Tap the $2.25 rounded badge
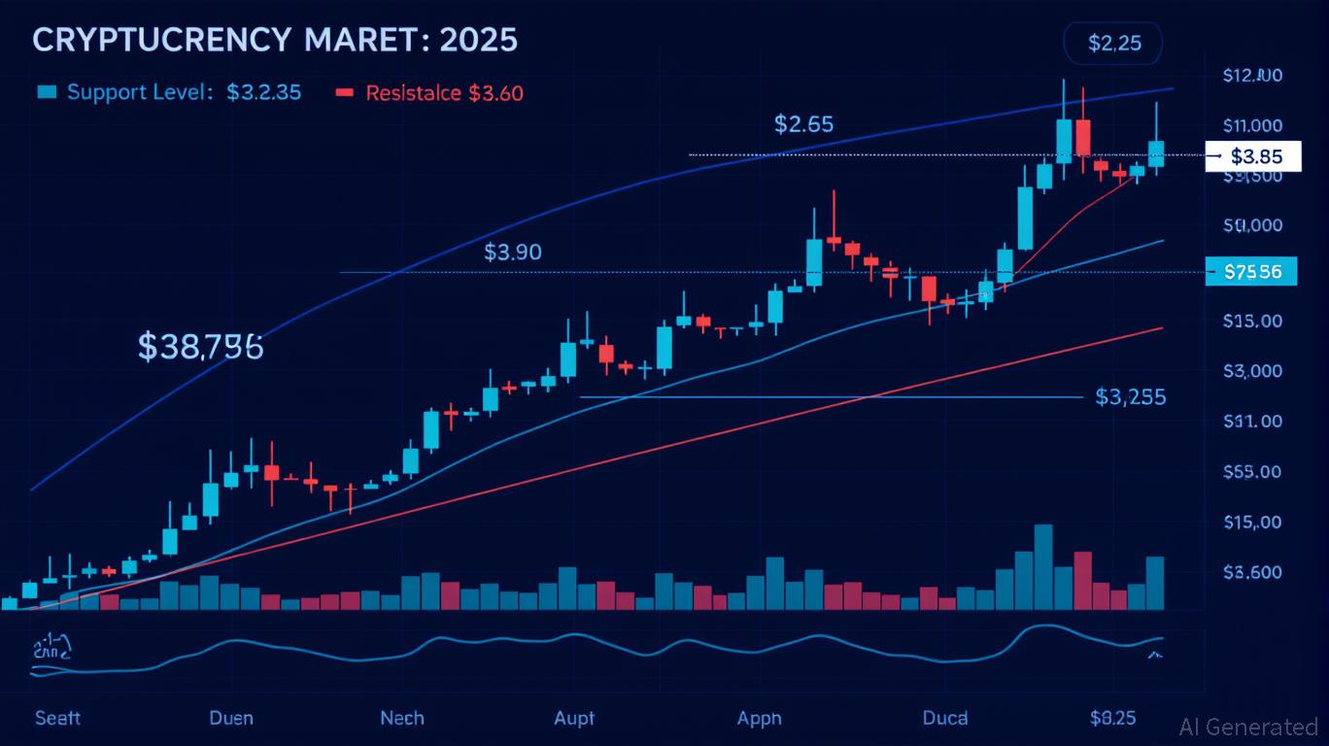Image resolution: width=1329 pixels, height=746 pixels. [1112, 43]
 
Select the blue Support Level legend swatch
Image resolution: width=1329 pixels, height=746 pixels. [46, 93]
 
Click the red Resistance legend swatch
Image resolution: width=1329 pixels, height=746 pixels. [344, 93]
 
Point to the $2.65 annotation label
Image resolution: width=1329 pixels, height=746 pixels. [803, 124]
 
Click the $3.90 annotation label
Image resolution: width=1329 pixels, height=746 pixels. [512, 253]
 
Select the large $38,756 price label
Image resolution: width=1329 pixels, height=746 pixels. [200, 346]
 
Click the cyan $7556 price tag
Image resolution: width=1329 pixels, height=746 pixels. [1252, 272]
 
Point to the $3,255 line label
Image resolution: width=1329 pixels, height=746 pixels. [1130, 396]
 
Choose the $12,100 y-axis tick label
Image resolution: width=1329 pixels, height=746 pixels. [1253, 76]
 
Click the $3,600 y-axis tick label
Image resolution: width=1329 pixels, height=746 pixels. [1252, 572]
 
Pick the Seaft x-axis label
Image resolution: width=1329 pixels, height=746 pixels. [57, 718]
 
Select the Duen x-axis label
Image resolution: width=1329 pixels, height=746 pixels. [231, 718]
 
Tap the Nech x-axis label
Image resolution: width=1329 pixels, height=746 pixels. [401, 718]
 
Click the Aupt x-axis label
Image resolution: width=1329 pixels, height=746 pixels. [574, 718]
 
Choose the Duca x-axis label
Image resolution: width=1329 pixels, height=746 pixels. [944, 718]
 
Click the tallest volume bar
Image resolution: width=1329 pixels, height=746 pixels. [1043, 567]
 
